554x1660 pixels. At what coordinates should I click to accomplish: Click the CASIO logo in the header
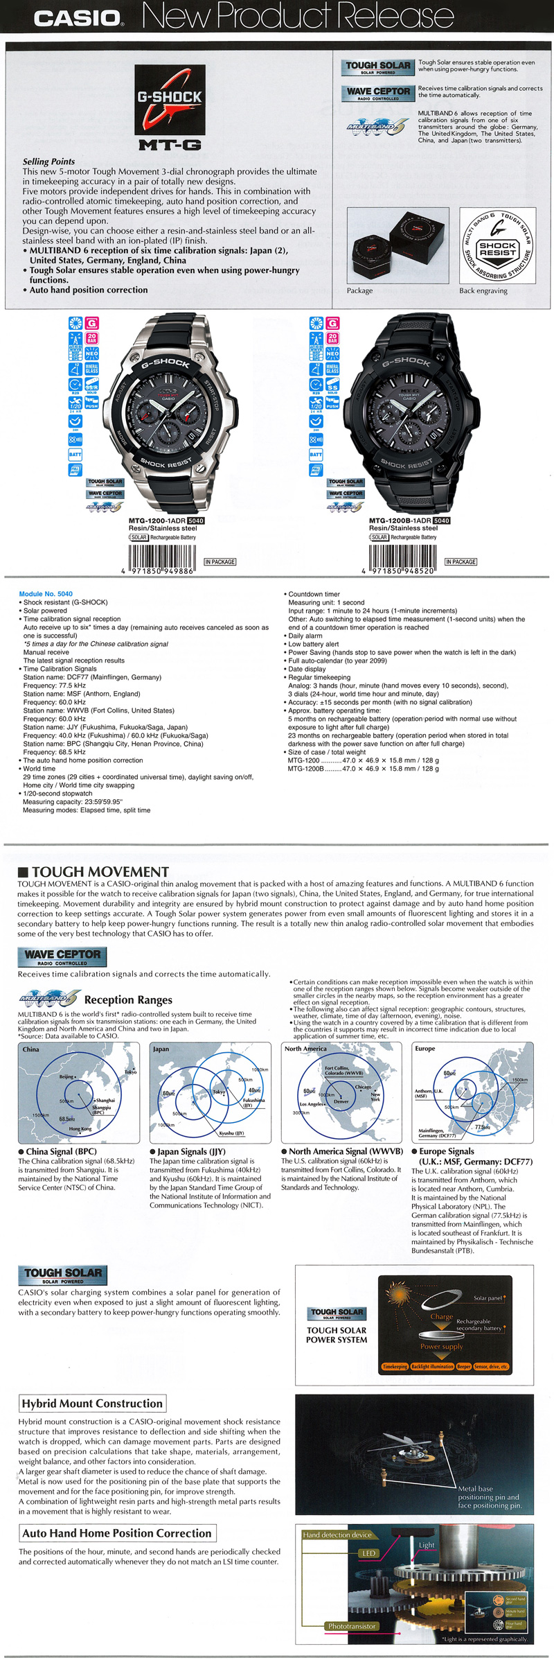click(78, 17)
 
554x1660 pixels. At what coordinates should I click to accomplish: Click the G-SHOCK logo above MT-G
click(170, 100)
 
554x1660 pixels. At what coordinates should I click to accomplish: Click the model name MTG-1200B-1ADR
click(400, 521)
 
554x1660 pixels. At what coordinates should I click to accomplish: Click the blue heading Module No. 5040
click(46, 594)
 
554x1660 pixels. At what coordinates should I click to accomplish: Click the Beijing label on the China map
click(66, 1077)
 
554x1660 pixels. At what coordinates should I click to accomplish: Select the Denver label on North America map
click(341, 1101)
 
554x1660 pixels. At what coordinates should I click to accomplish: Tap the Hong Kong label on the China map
click(80, 1129)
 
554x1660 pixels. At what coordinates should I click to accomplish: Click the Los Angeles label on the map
click(312, 1104)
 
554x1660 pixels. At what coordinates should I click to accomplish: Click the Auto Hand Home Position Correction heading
click(117, 1533)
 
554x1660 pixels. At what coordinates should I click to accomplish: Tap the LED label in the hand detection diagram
click(369, 1553)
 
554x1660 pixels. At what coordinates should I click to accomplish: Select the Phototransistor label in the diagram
click(352, 1626)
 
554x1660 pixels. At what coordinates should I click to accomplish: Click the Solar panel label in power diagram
click(488, 1298)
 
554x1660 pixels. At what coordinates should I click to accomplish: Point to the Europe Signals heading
click(447, 1151)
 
